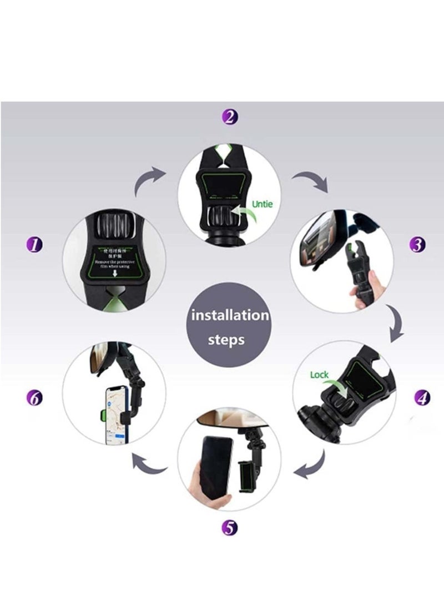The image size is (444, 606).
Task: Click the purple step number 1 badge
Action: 35,244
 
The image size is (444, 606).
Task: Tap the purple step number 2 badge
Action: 230,117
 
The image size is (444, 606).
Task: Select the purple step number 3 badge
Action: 417,245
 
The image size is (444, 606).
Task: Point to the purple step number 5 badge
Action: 230,528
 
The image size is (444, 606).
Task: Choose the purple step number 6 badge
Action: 35,397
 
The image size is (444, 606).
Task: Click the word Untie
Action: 263,204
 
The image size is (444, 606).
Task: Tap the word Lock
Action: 319,375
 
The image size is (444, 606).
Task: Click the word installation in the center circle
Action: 230,316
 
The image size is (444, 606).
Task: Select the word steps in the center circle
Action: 226,340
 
